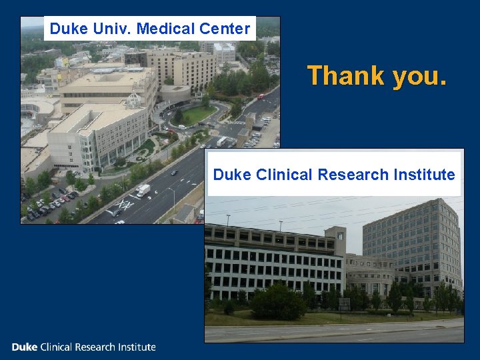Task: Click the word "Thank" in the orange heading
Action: coord(345,76)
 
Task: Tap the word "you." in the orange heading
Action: coord(419,77)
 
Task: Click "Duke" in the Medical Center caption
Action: coord(65,29)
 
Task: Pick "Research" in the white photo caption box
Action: coord(352,175)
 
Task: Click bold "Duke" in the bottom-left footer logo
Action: coord(25,347)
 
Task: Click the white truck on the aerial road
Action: coord(143,191)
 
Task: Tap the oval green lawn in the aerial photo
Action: coord(195,115)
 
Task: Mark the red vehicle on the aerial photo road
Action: coord(261,96)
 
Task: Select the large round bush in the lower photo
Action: coord(277,302)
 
